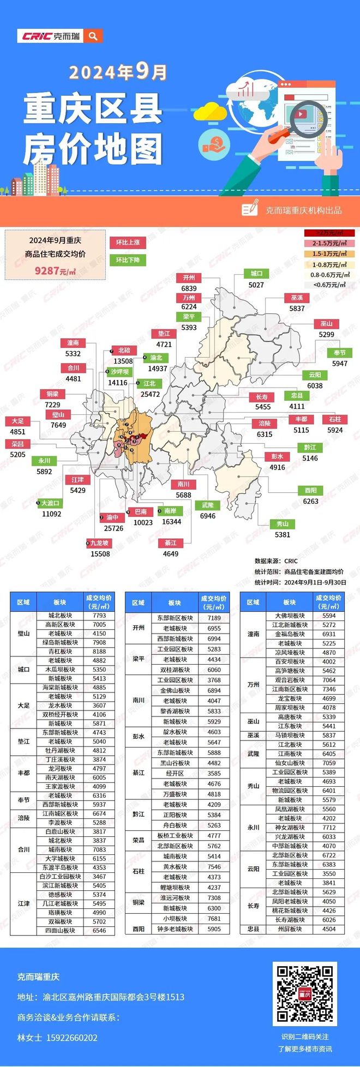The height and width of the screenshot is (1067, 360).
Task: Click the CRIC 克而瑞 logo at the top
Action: (x=50, y=36)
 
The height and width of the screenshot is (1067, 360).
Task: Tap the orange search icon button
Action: (x=93, y=36)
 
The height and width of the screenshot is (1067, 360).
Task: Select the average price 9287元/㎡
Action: (x=55, y=270)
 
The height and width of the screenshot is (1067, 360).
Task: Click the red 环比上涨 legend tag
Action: (x=128, y=243)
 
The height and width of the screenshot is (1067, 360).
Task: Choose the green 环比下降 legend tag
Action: (x=128, y=260)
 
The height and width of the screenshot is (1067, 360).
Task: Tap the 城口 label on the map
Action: (x=256, y=274)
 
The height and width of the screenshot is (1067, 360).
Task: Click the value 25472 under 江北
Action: (x=150, y=394)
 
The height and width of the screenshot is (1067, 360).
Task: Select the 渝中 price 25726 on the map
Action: (x=113, y=528)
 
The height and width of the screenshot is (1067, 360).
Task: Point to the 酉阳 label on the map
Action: (x=310, y=490)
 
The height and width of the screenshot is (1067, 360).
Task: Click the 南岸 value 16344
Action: (x=171, y=522)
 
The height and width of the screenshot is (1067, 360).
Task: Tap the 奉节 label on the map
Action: (x=339, y=353)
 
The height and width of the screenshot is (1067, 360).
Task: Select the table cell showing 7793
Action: (x=99, y=616)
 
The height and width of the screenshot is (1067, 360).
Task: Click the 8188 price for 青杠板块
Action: (x=99, y=651)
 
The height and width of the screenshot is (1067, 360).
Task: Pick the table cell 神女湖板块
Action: (x=289, y=827)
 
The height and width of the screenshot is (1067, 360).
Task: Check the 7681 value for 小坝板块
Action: (x=214, y=919)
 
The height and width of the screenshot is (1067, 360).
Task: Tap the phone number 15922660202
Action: (x=73, y=1038)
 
